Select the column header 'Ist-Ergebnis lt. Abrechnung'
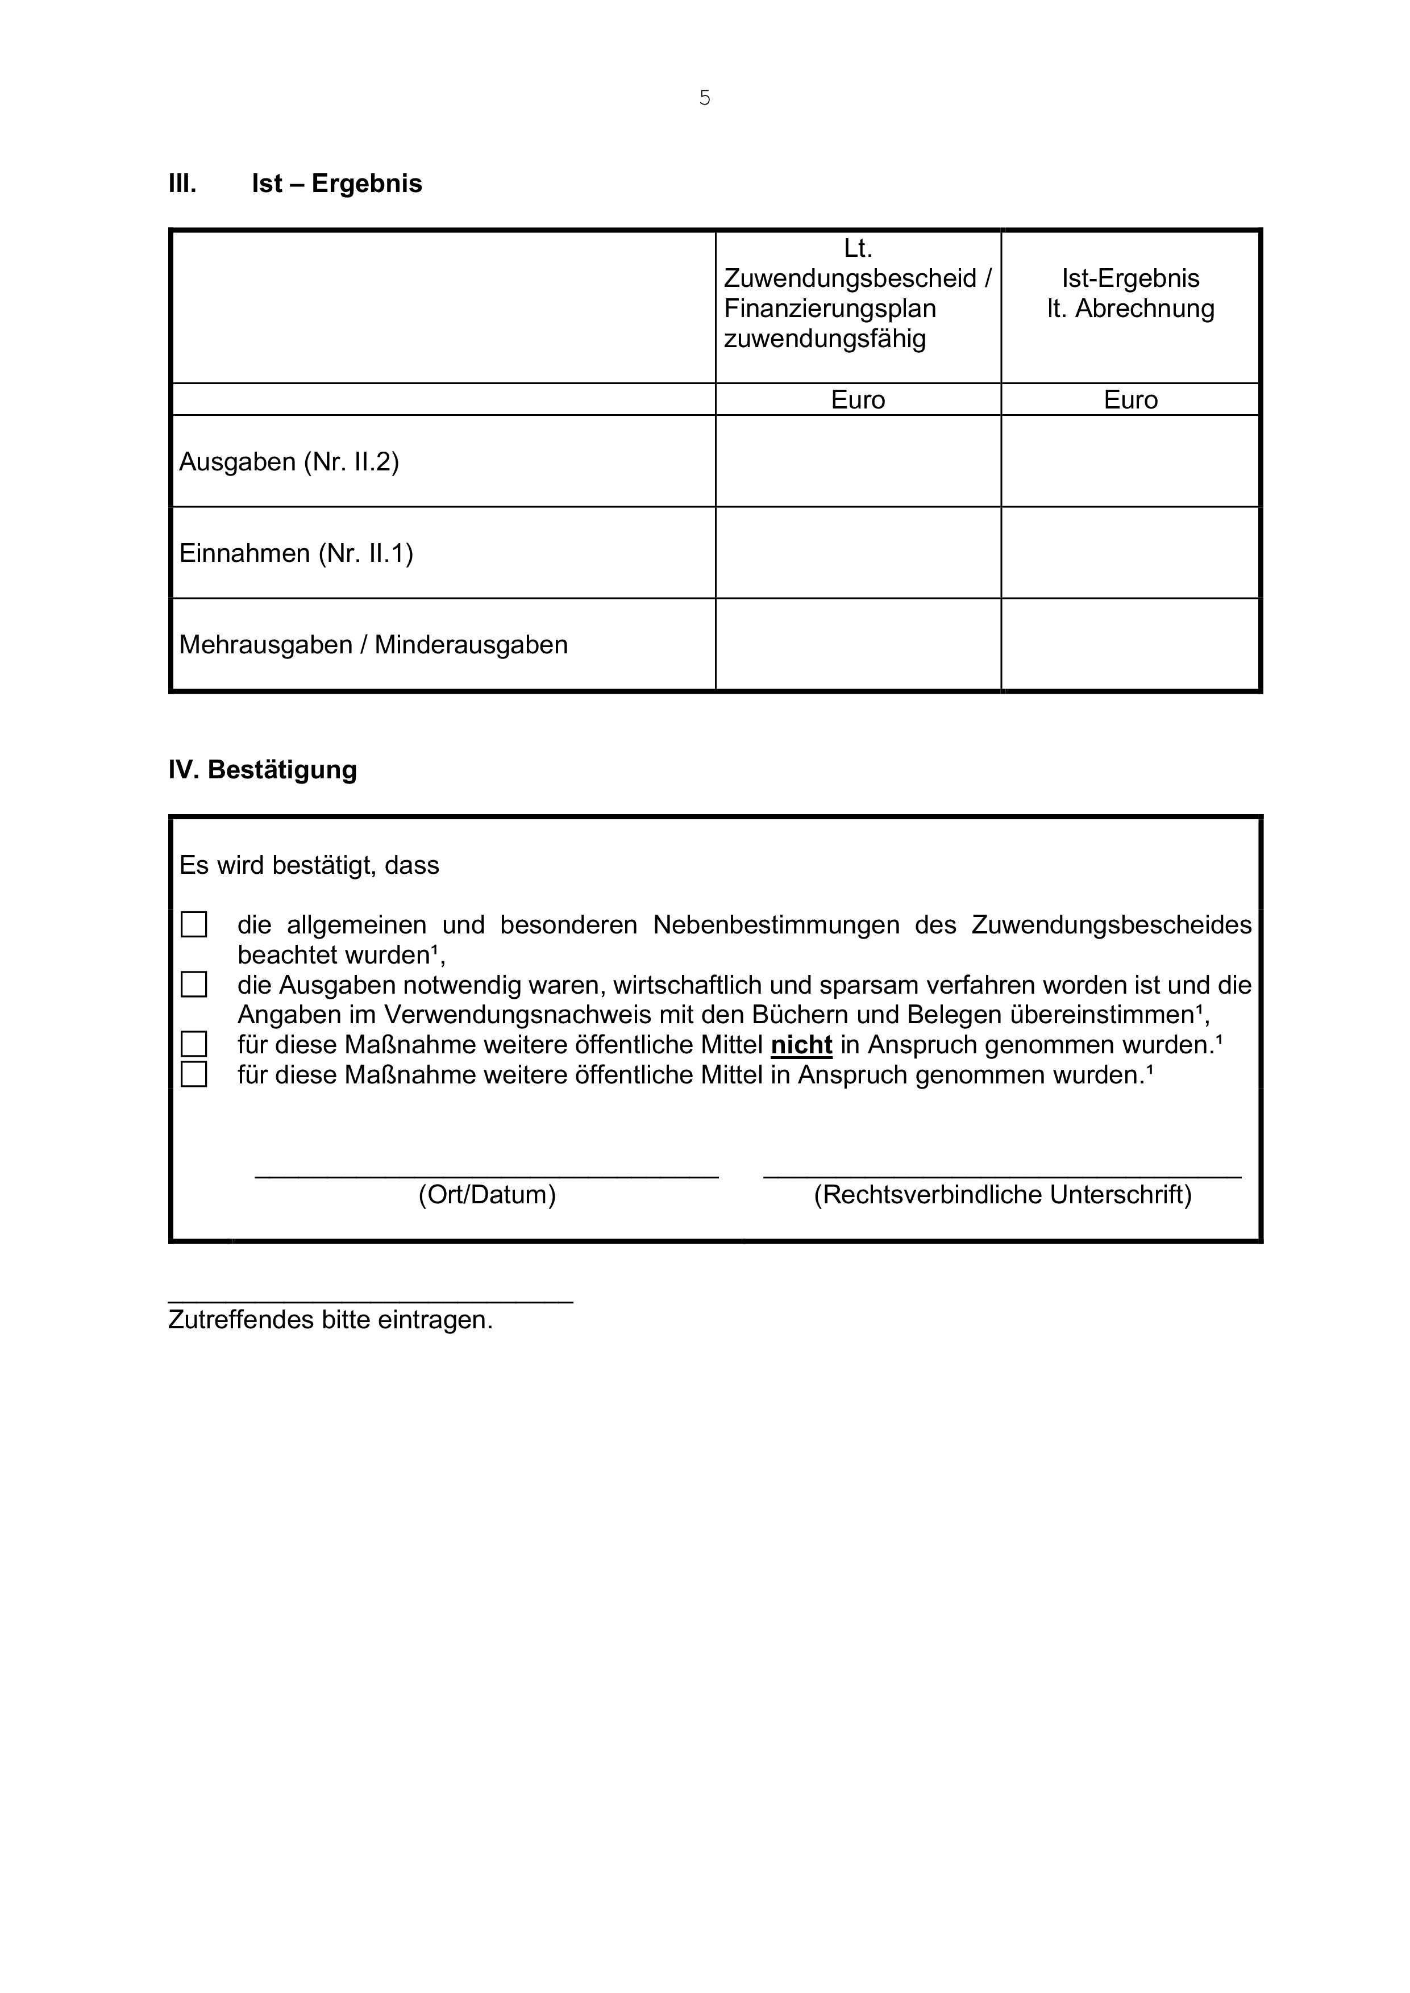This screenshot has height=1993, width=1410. pos(1130,293)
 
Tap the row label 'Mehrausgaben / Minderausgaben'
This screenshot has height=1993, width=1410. pos(373,645)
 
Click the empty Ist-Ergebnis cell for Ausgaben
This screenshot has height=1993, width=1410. pos(1130,461)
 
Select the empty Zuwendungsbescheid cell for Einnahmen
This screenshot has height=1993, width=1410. pos(857,552)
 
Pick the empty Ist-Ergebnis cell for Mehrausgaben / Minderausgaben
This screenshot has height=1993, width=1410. pos(1130,644)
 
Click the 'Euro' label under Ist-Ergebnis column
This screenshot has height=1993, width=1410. pos(1130,399)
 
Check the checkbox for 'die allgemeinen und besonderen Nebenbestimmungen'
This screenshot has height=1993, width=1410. pos(194,924)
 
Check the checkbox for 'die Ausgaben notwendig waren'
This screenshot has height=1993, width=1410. pos(194,985)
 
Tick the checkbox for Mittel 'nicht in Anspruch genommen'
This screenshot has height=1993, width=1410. pos(194,1044)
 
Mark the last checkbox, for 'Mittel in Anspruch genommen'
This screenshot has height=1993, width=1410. pos(194,1075)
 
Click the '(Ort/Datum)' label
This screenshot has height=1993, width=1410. pos(486,1195)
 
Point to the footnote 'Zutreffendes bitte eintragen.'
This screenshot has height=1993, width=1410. pos(330,1320)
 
